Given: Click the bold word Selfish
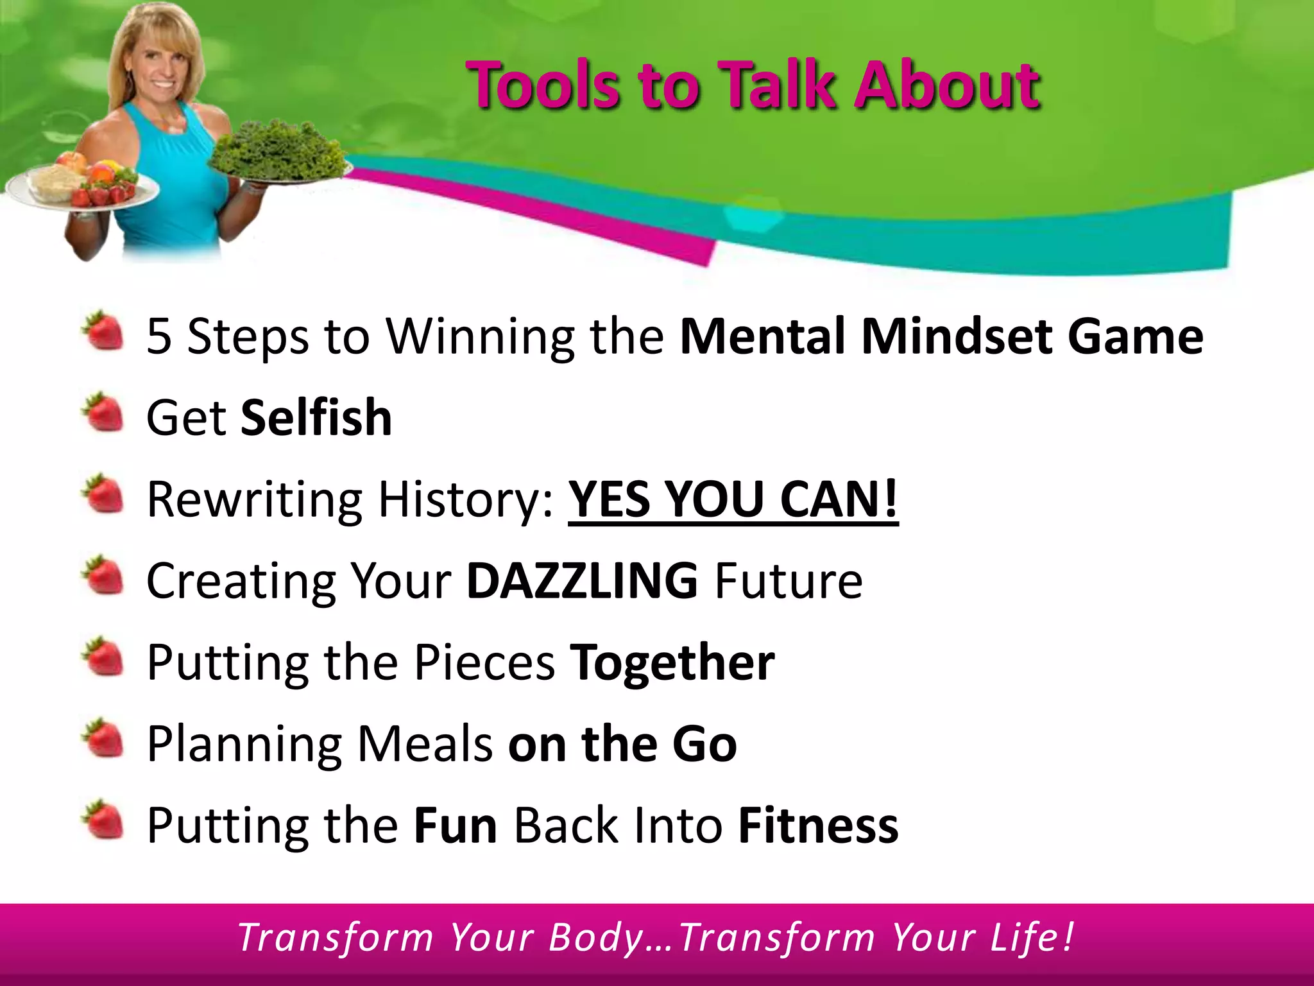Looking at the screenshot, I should click(316, 418).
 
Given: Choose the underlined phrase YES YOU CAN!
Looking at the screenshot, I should click(733, 499).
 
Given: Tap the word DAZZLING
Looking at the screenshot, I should click(582, 581).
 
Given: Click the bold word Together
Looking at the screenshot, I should click(672, 662).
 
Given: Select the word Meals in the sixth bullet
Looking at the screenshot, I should click(424, 744).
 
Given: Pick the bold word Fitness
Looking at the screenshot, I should click(818, 826).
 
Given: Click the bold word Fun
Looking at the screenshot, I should click(455, 826).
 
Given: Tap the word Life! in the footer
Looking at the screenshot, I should click(1031, 938).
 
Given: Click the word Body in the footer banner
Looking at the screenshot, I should click(595, 938).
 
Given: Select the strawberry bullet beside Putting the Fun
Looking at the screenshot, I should click(103, 820).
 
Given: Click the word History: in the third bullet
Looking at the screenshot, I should click(465, 499).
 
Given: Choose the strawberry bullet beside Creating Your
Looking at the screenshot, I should click(103, 576).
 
